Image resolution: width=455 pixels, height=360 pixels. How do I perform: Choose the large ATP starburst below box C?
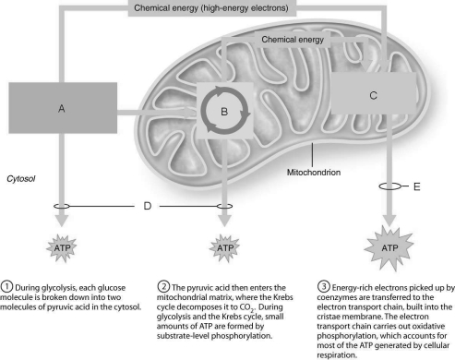(385, 246)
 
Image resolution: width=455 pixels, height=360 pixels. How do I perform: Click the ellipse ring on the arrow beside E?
(386, 186)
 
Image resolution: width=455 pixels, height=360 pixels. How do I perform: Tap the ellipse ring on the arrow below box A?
(63, 206)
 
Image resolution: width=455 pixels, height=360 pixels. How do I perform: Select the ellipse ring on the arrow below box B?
(224, 206)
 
